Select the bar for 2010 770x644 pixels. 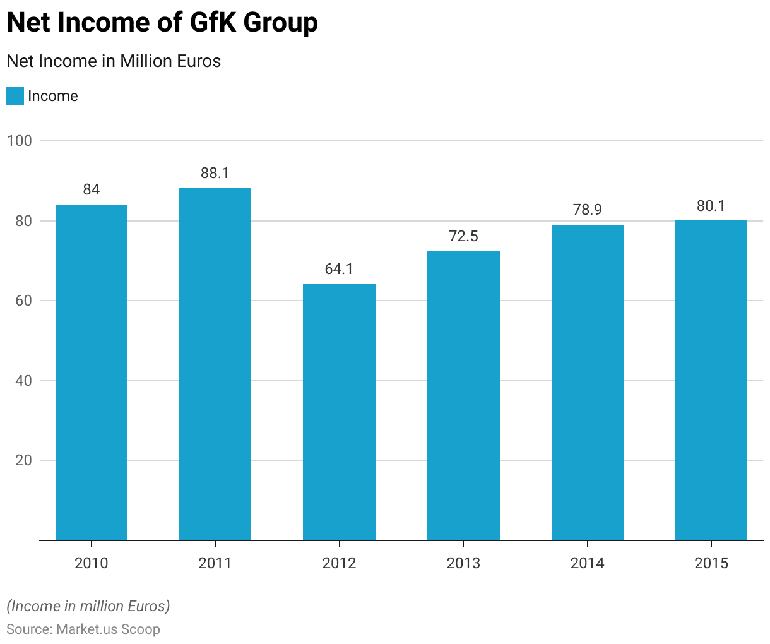pos(92,373)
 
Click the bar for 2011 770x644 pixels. pos(215,364)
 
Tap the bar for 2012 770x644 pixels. pos(339,412)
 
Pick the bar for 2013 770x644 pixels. pos(463,395)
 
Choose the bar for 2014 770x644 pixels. pos(588,383)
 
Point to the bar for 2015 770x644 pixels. pos(711,380)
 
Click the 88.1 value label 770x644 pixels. pos(215,173)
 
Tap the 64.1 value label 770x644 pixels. pos(339,269)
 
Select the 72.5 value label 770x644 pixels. pos(463,236)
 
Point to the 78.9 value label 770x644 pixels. pos(588,210)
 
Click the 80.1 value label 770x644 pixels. pos(711,206)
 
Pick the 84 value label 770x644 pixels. pos(92,189)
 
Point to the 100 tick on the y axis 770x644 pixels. pos(20,141)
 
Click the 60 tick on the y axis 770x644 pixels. pos(23,301)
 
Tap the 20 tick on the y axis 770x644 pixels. pos(23,461)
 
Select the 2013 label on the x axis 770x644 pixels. pos(463,563)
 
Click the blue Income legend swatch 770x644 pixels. pos(15,96)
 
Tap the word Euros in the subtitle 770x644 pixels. pos(198,61)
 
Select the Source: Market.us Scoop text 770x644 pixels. pos(83,629)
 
